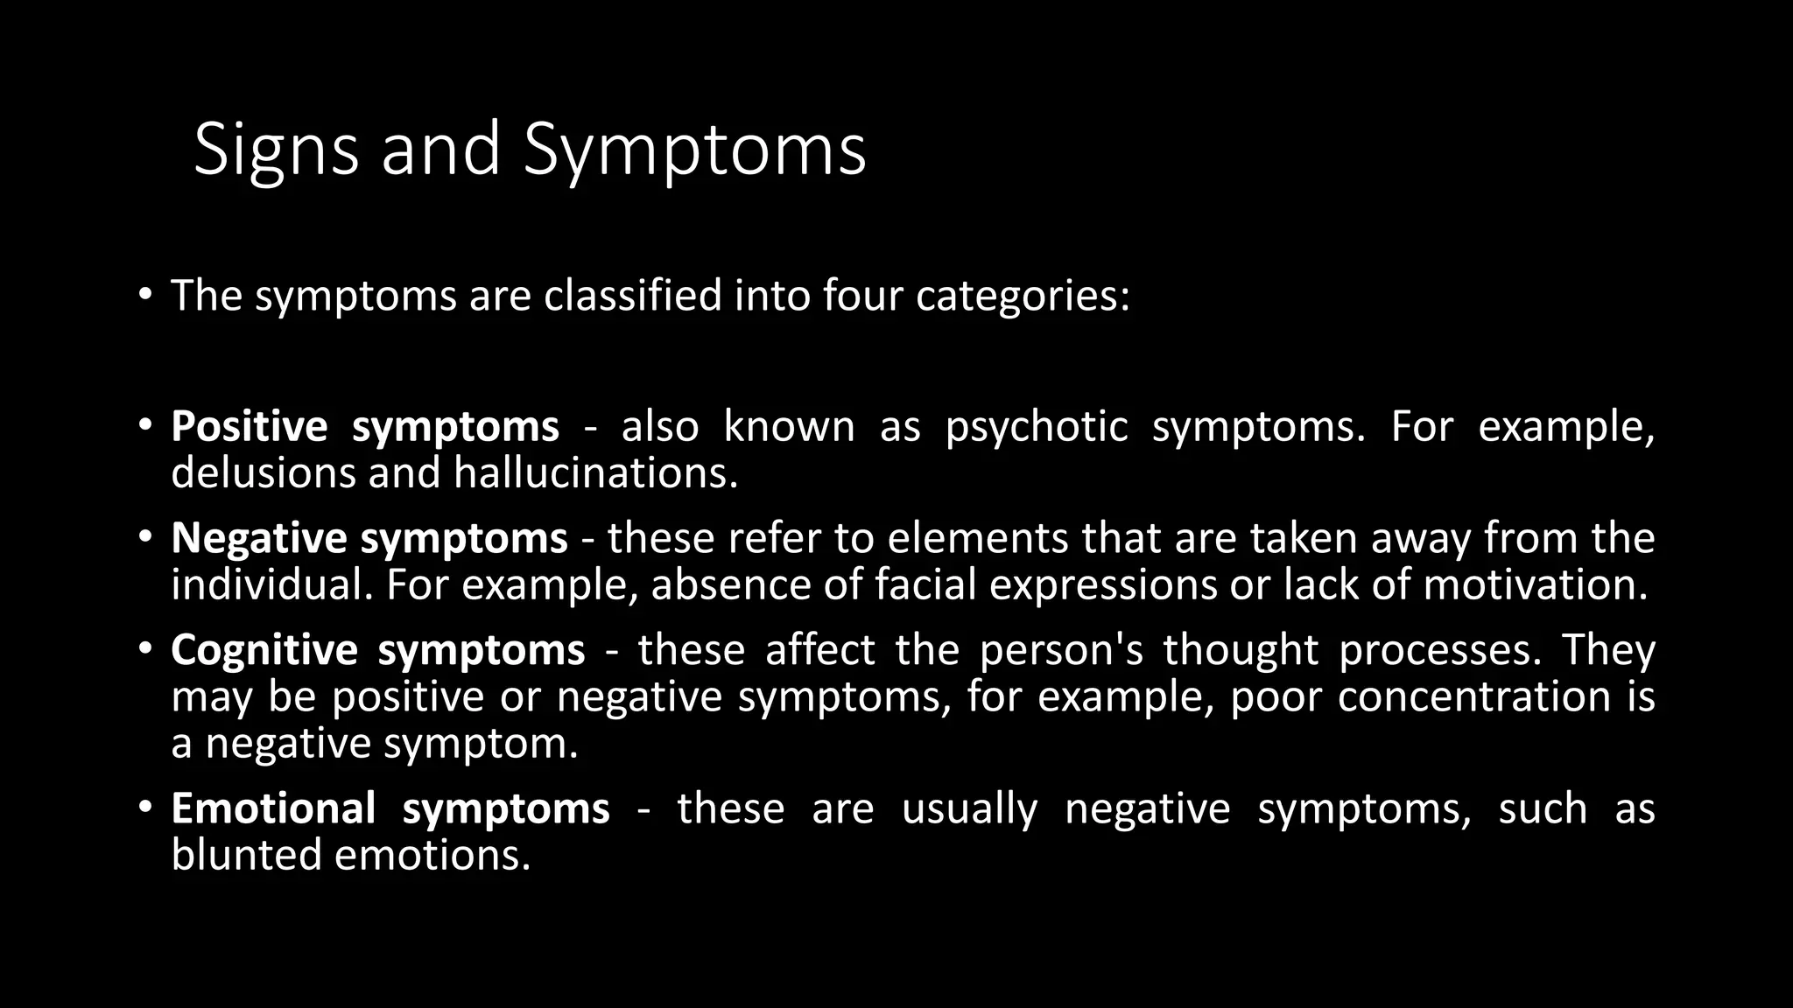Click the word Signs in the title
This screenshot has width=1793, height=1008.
pyautogui.click(x=276, y=150)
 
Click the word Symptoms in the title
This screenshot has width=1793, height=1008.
pyautogui.click(x=694, y=150)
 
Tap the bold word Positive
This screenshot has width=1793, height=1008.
pyautogui.click(x=250, y=427)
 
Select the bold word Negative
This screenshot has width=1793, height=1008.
pyautogui.click(x=258, y=538)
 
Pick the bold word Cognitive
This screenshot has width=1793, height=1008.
pyautogui.click(x=264, y=650)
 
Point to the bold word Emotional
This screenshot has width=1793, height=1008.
pyautogui.click(x=273, y=808)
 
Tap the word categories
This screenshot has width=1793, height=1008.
pyautogui.click(x=1023, y=296)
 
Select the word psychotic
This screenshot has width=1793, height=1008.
pyautogui.click(x=1037, y=427)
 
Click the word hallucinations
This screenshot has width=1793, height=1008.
pyautogui.click(x=595, y=473)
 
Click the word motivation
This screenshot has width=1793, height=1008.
pyautogui.click(x=1536, y=584)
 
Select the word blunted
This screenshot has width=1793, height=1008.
pyautogui.click(x=246, y=855)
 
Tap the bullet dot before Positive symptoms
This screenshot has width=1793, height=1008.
pyautogui.click(x=144, y=425)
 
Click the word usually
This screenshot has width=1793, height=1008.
pyautogui.click(x=969, y=808)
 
